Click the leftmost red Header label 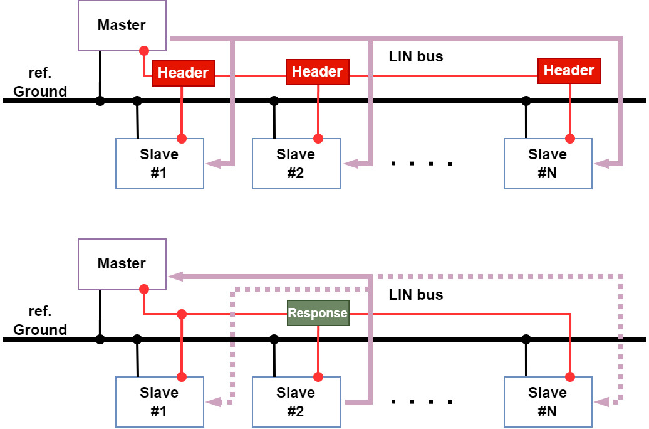coord(183,73)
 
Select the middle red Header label coord(318,71)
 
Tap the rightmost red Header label coord(569,70)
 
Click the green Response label coord(318,313)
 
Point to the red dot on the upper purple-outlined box coord(144,51)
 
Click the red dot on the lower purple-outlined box coord(144,289)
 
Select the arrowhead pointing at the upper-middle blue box coord(350,164)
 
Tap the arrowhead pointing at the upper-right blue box coord(601,164)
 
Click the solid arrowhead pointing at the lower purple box coord(175,277)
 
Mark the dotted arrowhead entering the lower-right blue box coord(601,402)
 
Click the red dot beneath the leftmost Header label coord(182,139)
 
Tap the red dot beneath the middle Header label coord(318,139)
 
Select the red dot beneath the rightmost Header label coord(570,139)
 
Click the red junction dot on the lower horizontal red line coord(182,314)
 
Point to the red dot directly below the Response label coord(318,377)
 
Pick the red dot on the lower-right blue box coord(570,377)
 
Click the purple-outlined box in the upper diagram coord(122,25)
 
